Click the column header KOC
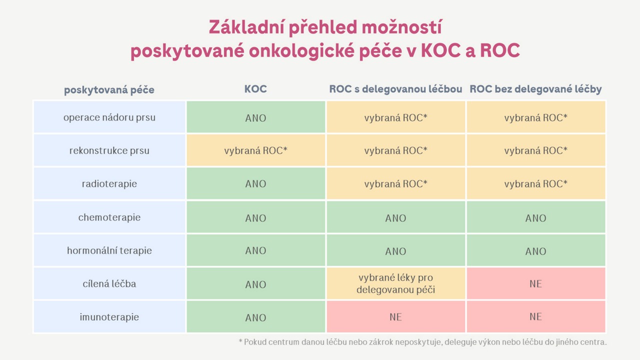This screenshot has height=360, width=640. coord(255,89)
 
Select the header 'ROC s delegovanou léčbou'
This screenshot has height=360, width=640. coord(395,89)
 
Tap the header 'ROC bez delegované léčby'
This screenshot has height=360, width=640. coord(535,89)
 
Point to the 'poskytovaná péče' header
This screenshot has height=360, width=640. coord(109,90)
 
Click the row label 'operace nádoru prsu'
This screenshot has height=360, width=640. coord(109,117)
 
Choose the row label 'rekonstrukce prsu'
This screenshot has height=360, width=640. coord(109,150)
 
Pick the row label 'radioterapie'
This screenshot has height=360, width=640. coord(109,183)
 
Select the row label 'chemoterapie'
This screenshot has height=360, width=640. coord(109,217)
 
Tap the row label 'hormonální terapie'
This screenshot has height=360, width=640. coord(109,250)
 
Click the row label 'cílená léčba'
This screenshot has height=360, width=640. coord(109,283)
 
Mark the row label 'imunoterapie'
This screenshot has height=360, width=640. coord(109,317)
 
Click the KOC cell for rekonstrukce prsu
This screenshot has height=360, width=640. coord(255,150)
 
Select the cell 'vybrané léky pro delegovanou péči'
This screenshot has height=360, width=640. coord(395,283)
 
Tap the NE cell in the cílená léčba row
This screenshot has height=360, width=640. coord(535,283)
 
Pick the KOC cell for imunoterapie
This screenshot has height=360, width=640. coord(255,316)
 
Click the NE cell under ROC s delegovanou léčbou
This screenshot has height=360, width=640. coord(395,316)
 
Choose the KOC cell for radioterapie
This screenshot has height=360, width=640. coord(255,183)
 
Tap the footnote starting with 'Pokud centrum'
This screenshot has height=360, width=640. coord(422,342)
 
